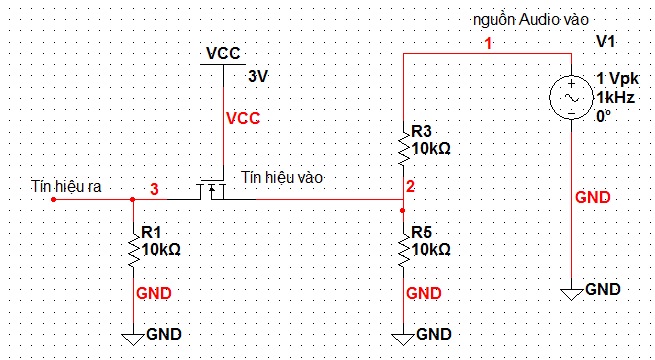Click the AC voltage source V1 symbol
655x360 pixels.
(x=571, y=98)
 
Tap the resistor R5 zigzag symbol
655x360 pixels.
(x=404, y=246)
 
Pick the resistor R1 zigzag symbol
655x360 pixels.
(x=133, y=246)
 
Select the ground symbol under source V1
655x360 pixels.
(x=571, y=294)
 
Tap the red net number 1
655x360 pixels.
(x=488, y=43)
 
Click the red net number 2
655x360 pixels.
(x=410, y=187)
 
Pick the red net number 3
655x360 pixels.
(x=154, y=190)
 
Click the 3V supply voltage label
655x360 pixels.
(x=257, y=77)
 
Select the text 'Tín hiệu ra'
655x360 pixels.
(x=66, y=187)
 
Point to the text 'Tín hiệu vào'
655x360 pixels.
(x=282, y=177)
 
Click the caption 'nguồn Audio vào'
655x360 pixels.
(x=531, y=19)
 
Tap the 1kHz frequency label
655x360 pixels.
(x=615, y=98)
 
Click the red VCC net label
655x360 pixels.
(x=243, y=119)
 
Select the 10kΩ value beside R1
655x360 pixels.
(x=161, y=250)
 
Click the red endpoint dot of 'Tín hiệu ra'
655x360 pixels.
(x=53, y=200)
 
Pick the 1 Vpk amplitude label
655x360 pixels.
(x=618, y=78)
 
